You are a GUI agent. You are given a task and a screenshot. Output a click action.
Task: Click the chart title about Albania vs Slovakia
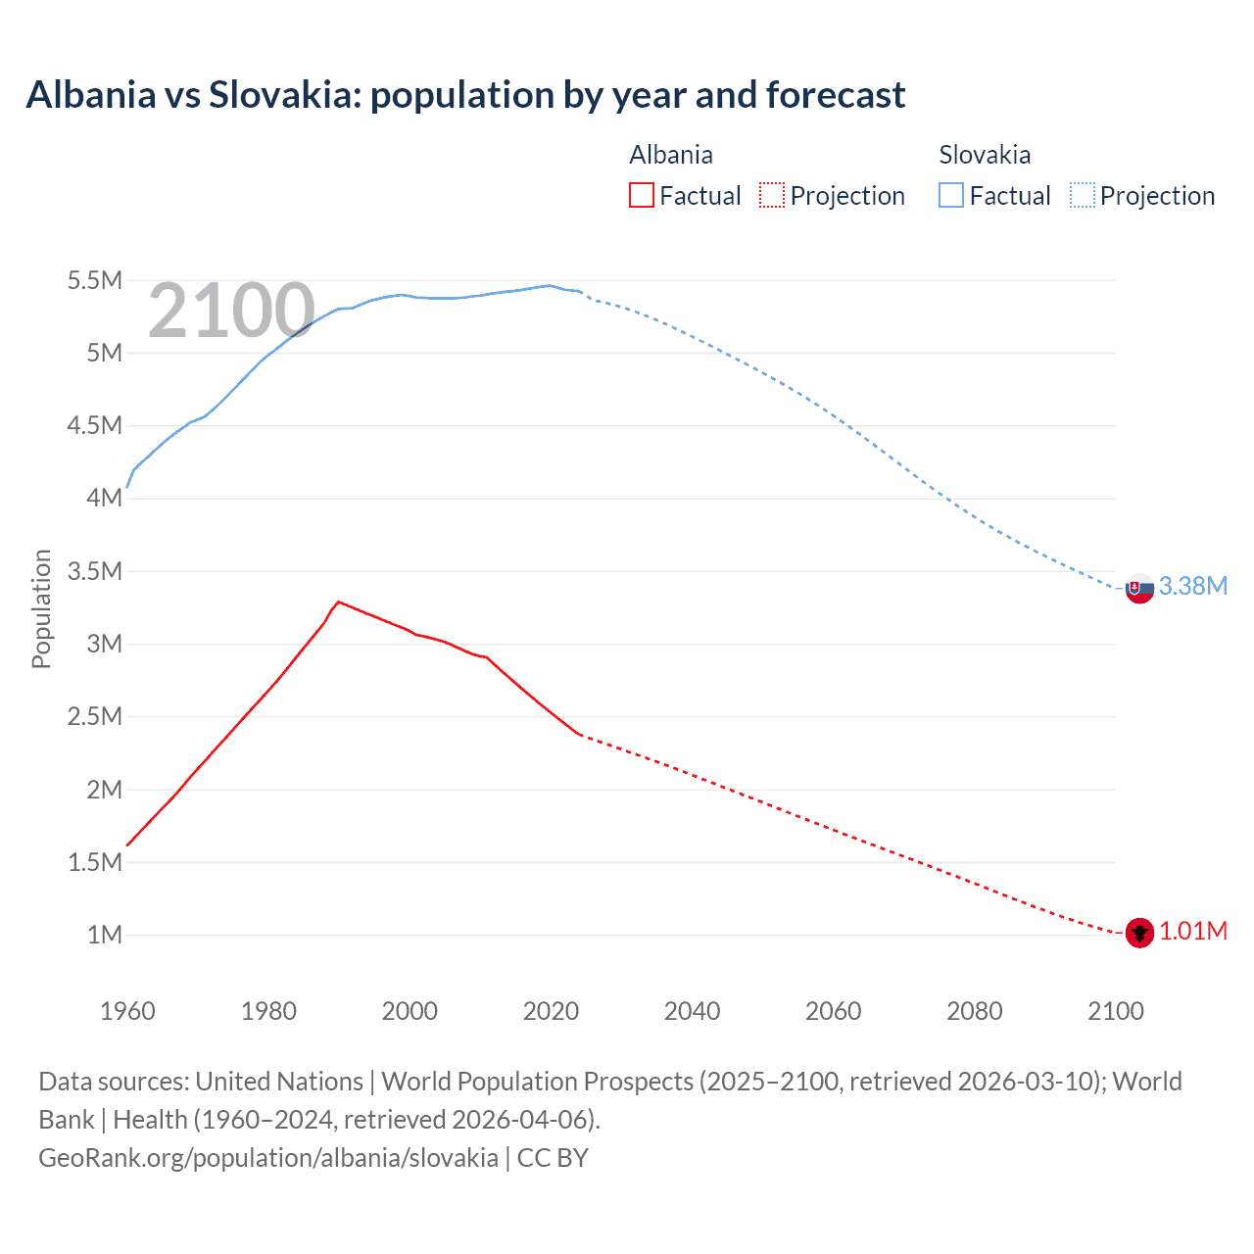tap(465, 95)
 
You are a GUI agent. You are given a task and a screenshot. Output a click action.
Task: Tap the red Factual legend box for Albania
tap(641, 195)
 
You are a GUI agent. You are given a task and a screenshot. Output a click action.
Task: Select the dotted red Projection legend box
tap(772, 195)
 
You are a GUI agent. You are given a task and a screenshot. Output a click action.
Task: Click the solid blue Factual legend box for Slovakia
tap(951, 195)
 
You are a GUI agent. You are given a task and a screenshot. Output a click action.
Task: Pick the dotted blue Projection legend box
tap(1082, 195)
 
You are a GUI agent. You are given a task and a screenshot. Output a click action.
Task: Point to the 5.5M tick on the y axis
tap(94, 281)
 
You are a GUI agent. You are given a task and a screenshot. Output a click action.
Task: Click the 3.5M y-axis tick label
tap(94, 571)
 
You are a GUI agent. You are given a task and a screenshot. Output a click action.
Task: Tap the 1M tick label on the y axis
tap(104, 935)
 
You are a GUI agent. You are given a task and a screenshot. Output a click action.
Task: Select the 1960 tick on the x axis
tap(127, 1011)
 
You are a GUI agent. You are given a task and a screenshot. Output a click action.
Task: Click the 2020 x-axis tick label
tap(551, 1011)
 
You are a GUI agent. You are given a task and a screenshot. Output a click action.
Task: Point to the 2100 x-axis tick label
tap(1115, 1011)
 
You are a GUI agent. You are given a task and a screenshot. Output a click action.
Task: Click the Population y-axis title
tap(41, 608)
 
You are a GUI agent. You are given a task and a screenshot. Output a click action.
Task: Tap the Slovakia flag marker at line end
tap(1138, 589)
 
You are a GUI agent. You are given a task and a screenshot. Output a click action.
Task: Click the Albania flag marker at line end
tap(1138, 933)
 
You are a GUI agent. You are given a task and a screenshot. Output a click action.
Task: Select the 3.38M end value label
tap(1192, 586)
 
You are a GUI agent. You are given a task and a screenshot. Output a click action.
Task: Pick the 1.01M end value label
tap(1192, 931)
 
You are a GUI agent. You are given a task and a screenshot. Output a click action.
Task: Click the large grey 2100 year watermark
tap(231, 311)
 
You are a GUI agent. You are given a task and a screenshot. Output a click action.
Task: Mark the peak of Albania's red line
tap(338, 602)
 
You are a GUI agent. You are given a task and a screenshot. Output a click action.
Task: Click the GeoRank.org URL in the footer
tap(267, 1157)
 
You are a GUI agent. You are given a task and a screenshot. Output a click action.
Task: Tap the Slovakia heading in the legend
tap(984, 155)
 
